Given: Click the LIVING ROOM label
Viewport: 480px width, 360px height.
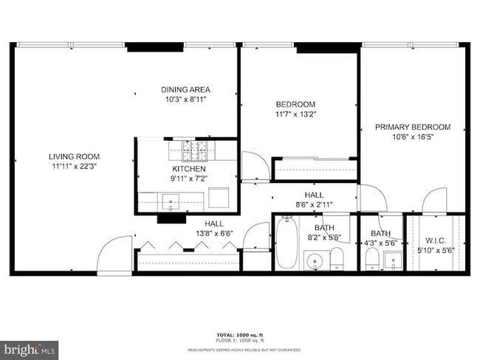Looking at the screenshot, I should pyautogui.click(x=74, y=156).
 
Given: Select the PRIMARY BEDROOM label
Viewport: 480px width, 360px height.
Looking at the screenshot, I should pyautogui.click(x=412, y=127).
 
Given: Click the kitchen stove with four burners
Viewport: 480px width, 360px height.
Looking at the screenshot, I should pyautogui.click(x=196, y=153).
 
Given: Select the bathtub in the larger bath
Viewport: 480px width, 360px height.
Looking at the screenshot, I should pyautogui.click(x=286, y=243).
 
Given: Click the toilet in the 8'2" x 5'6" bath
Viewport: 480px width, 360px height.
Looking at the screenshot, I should pyautogui.click(x=337, y=259).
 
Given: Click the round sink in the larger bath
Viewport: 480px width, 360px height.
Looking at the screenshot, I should pyautogui.click(x=315, y=261).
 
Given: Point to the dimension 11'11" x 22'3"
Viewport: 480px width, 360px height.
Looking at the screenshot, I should pyautogui.click(x=74, y=167).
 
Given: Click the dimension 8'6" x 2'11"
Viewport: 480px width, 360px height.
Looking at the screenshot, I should pyautogui.click(x=314, y=204).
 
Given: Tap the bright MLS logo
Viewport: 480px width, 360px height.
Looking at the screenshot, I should pyautogui.click(x=30, y=347).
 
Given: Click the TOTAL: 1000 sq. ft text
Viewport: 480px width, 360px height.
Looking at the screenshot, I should pyautogui.click(x=239, y=334).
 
